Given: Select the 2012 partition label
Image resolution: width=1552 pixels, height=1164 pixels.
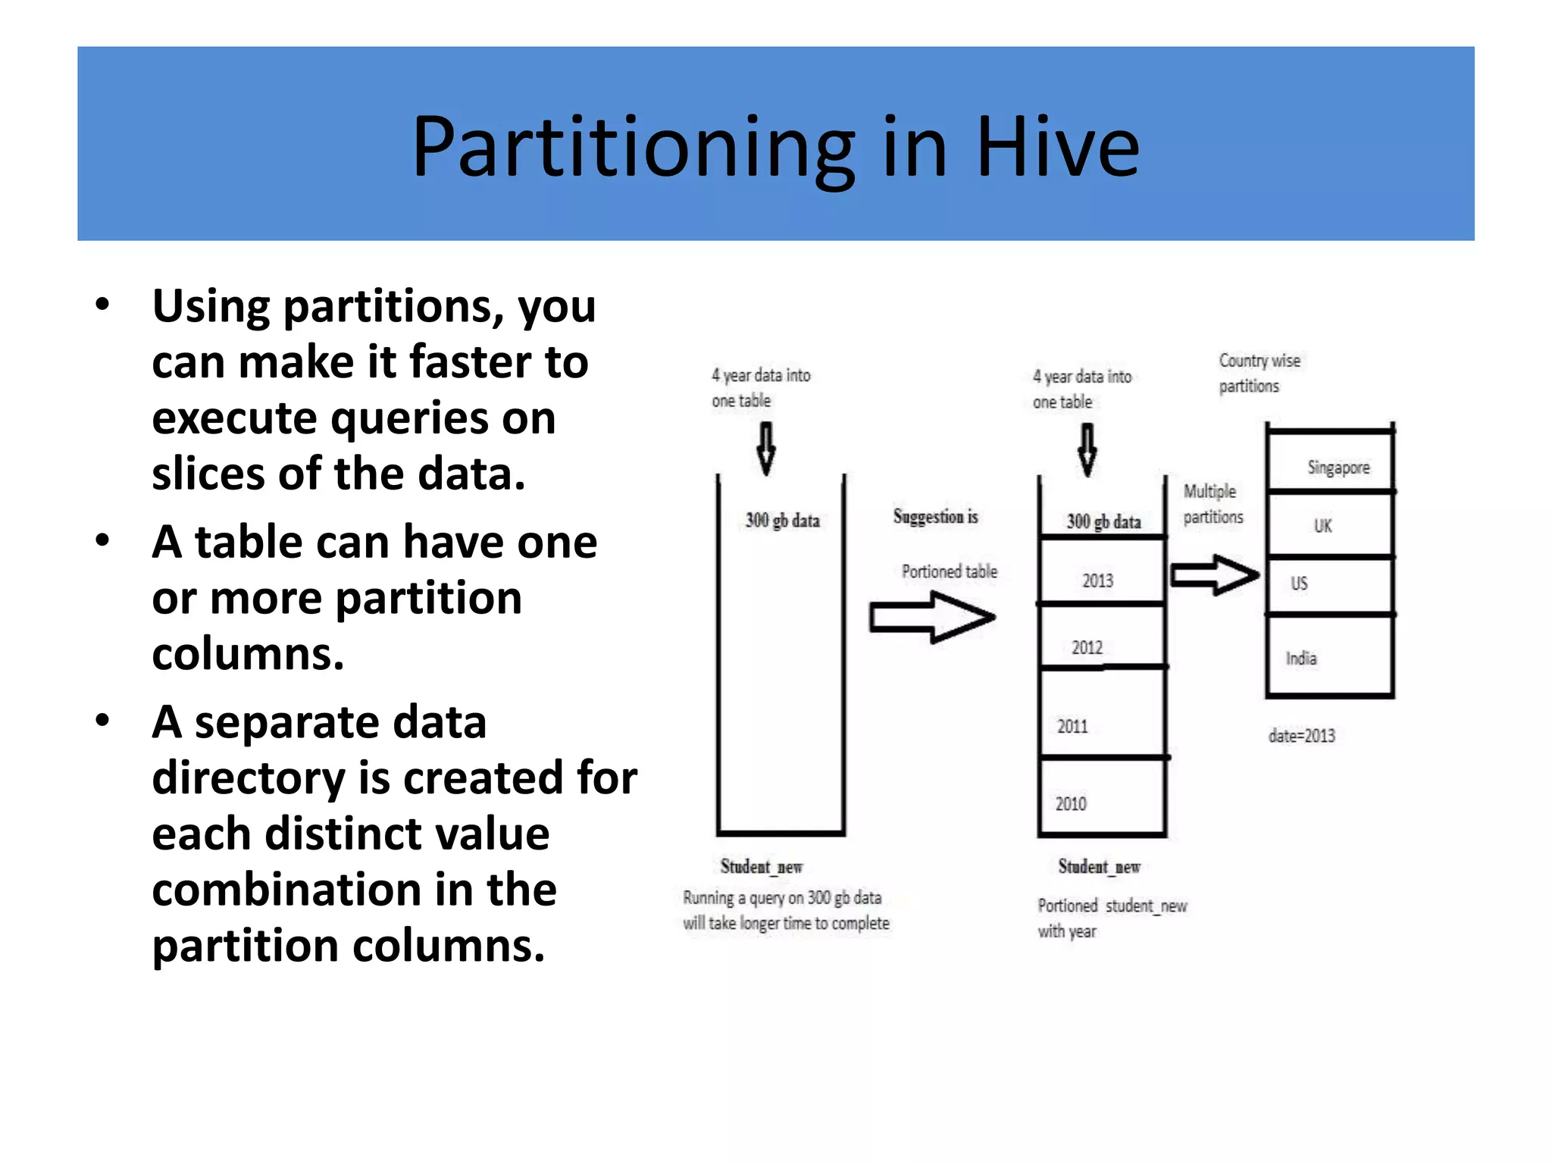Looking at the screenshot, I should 1087,647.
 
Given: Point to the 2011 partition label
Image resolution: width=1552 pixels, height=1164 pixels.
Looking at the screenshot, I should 1072,726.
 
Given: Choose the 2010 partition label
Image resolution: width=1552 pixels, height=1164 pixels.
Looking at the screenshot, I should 1071,803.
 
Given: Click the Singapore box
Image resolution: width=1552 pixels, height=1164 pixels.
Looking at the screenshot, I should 1338,468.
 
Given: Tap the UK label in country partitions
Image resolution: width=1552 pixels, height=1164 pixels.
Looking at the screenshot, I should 1322,525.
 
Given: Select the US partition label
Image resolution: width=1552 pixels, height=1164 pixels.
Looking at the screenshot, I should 1299,583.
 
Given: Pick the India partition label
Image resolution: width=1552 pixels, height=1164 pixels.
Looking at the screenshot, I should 1300,658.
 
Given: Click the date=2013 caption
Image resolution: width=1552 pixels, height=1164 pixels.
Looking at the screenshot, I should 1301,735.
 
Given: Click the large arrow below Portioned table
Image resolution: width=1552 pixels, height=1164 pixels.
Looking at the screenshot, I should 931,618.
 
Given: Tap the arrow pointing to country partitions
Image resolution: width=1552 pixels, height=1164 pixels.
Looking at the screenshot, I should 1214,575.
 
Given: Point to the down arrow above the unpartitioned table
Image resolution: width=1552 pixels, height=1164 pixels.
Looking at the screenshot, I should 766,448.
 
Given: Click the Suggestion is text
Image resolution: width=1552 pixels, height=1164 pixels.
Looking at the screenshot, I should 935,517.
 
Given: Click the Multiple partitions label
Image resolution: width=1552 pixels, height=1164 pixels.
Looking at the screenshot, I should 1212,504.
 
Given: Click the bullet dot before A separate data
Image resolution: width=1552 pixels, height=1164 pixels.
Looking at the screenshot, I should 102,721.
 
